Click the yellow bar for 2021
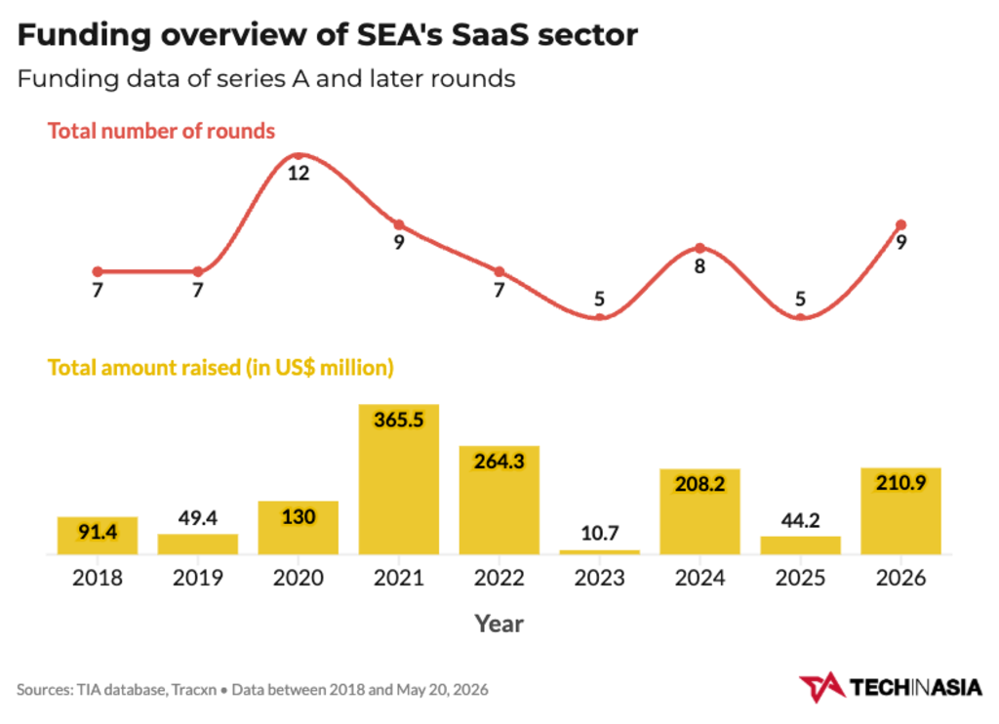coord(398,479)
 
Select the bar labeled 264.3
coord(499,501)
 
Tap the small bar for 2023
coord(600,552)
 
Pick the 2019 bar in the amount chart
coord(197,544)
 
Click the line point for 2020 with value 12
coord(299,155)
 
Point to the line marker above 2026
coord(900,225)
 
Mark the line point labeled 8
coord(699,248)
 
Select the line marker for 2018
coord(98,271)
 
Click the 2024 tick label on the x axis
coord(699,578)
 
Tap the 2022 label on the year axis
coord(499,578)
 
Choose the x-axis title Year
coord(499,623)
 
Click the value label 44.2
coord(800,521)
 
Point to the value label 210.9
coord(900,482)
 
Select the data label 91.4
coord(98,532)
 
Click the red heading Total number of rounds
coord(161,131)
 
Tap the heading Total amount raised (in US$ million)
coord(220,368)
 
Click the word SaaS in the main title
coord(490,34)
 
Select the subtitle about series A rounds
coord(266,79)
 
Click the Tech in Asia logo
coord(891,688)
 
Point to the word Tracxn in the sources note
coord(194,690)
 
